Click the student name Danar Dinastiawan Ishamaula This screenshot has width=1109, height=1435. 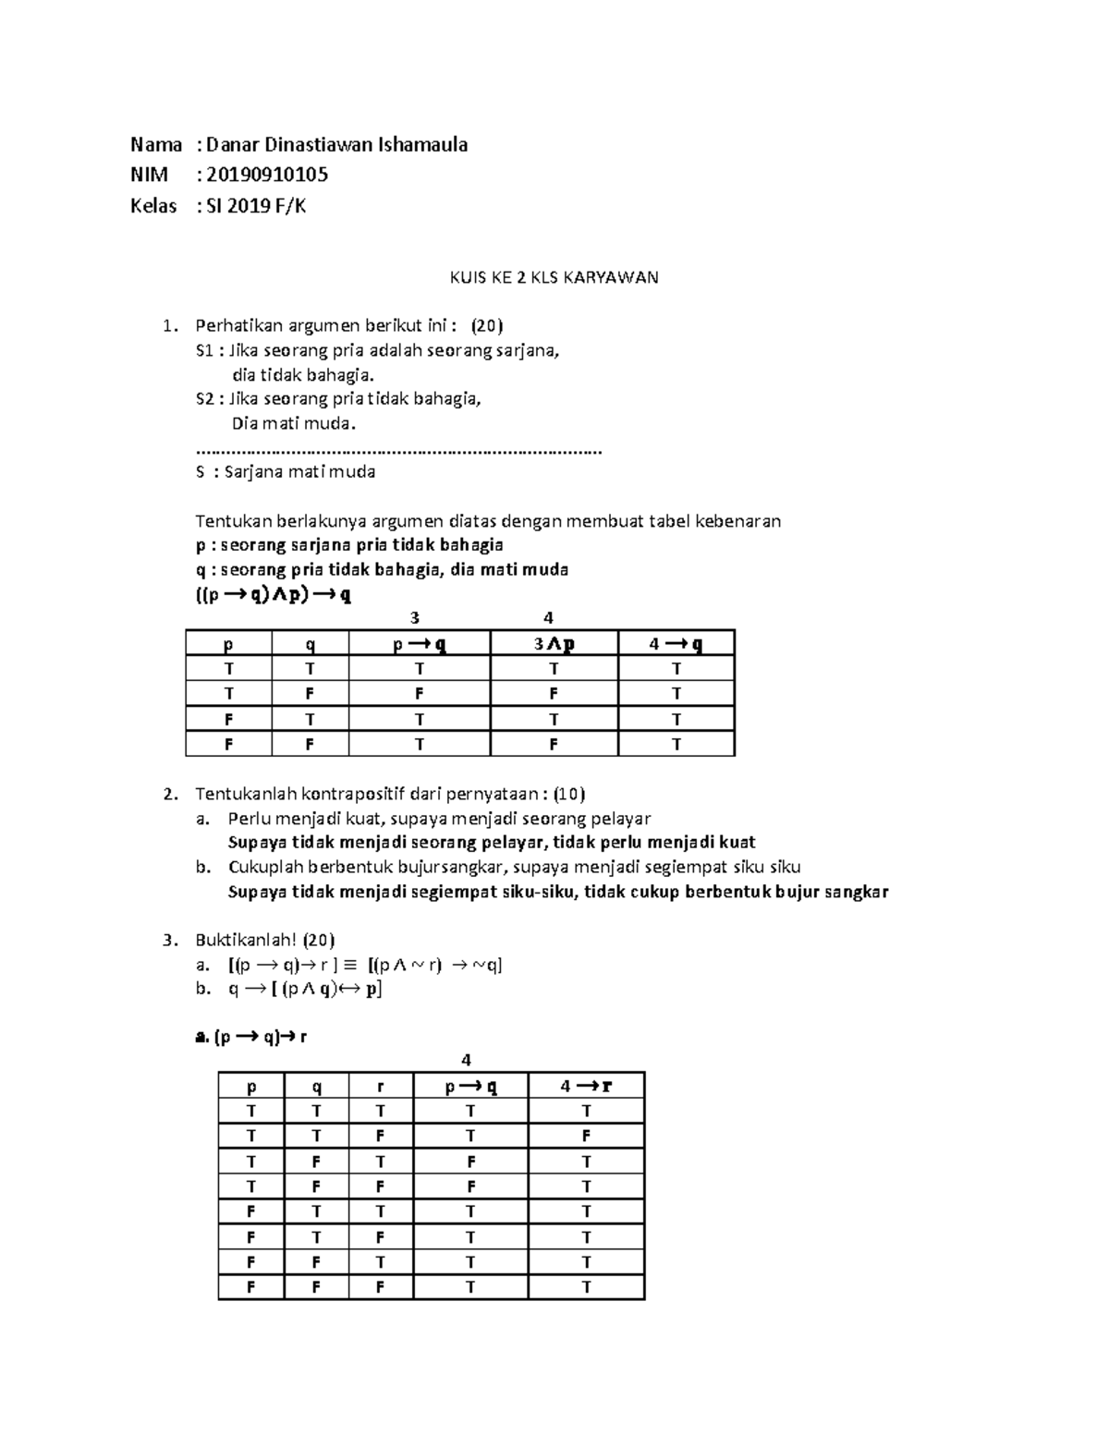[336, 144]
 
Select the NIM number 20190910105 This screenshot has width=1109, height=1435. [267, 175]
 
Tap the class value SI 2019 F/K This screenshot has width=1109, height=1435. [256, 206]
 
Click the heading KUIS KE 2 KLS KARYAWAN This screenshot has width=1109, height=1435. [554, 277]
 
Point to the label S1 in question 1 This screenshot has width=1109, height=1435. [204, 351]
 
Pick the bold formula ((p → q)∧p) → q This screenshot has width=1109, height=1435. [274, 595]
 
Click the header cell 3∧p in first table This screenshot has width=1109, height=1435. [554, 644]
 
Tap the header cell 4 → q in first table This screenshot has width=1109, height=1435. [676, 644]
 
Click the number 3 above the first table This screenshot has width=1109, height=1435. [415, 618]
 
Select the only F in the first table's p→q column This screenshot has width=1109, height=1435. [419, 693]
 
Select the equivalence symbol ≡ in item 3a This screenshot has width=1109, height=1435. [349, 966]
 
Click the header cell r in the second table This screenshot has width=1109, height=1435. [380, 1087]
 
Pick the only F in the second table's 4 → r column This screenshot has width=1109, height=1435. [585, 1136]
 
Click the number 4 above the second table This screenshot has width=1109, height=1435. [467, 1060]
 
